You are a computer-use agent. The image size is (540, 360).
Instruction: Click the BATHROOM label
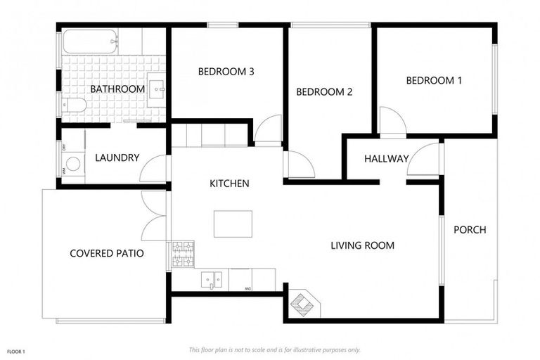click(x=117, y=89)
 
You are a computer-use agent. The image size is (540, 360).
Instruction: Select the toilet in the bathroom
click(x=74, y=105)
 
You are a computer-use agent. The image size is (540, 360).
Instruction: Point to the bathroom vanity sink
click(x=157, y=89)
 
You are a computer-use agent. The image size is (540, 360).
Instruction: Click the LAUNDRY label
click(x=117, y=157)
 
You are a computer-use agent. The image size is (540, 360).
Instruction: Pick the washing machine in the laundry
click(x=72, y=164)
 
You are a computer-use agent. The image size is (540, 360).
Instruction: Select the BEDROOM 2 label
click(x=323, y=91)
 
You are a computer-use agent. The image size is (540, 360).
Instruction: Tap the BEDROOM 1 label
click(x=434, y=80)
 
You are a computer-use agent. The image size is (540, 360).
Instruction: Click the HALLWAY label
click(x=386, y=159)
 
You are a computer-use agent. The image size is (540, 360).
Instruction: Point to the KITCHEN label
click(x=229, y=184)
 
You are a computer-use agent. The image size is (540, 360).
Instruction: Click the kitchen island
click(x=233, y=224)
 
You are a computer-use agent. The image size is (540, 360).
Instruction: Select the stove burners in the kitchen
click(x=184, y=254)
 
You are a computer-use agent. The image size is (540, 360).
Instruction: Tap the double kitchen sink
click(x=211, y=279)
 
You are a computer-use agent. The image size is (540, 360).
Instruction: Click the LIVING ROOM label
click(x=362, y=245)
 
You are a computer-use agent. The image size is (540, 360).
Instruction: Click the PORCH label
click(x=470, y=229)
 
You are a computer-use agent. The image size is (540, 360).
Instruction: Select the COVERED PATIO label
click(x=106, y=253)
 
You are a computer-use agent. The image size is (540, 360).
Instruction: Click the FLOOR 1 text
click(x=15, y=350)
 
